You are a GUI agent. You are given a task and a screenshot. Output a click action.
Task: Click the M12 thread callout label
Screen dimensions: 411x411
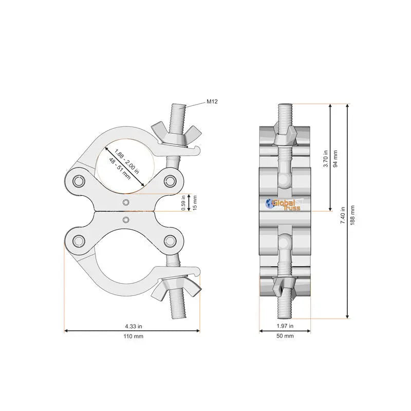click(x=212, y=101)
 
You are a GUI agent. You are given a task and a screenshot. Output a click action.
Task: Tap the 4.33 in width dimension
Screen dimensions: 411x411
click(x=134, y=326)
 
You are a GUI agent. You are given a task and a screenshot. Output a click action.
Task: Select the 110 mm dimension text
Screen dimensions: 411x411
click(x=134, y=337)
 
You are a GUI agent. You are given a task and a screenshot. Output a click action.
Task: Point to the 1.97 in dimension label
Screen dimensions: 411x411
click(x=285, y=326)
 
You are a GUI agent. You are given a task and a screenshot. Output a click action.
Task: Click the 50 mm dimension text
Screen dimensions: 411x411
click(x=285, y=336)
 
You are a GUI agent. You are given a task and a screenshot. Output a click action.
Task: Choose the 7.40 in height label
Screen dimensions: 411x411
click(x=343, y=215)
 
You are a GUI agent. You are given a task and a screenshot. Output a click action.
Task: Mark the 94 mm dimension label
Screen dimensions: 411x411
click(x=335, y=159)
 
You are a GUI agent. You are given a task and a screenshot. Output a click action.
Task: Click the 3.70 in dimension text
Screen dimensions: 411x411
click(x=326, y=159)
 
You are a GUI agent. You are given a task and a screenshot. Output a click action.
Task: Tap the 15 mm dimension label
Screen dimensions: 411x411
click(x=195, y=202)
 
